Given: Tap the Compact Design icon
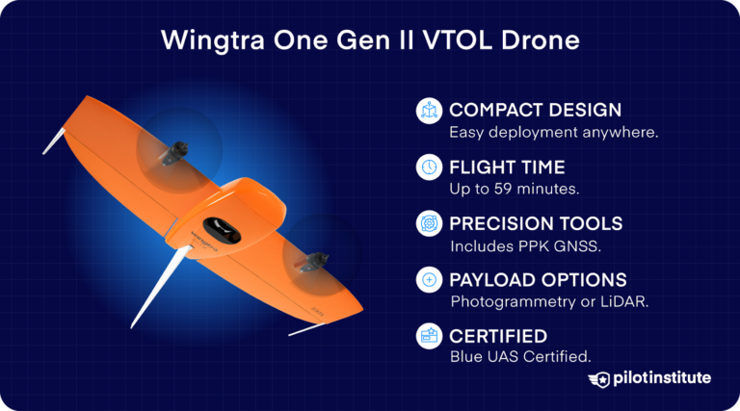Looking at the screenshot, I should point(429,111).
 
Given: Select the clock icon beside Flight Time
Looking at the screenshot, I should point(429,167).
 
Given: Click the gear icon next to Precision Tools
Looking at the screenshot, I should point(429,224).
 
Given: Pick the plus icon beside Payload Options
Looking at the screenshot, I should point(429,280).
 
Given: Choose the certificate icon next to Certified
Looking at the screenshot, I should point(429,337).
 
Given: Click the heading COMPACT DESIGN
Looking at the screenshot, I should point(535,110).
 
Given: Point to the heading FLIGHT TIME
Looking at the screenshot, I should point(508,167).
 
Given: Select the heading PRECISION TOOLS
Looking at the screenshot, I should point(536,223).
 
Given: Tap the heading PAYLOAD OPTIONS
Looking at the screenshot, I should point(538,280).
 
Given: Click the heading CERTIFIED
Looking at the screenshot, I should point(498,336).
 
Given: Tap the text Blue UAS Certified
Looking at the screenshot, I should point(519,357).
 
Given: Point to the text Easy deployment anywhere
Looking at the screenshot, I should point(553,132).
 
